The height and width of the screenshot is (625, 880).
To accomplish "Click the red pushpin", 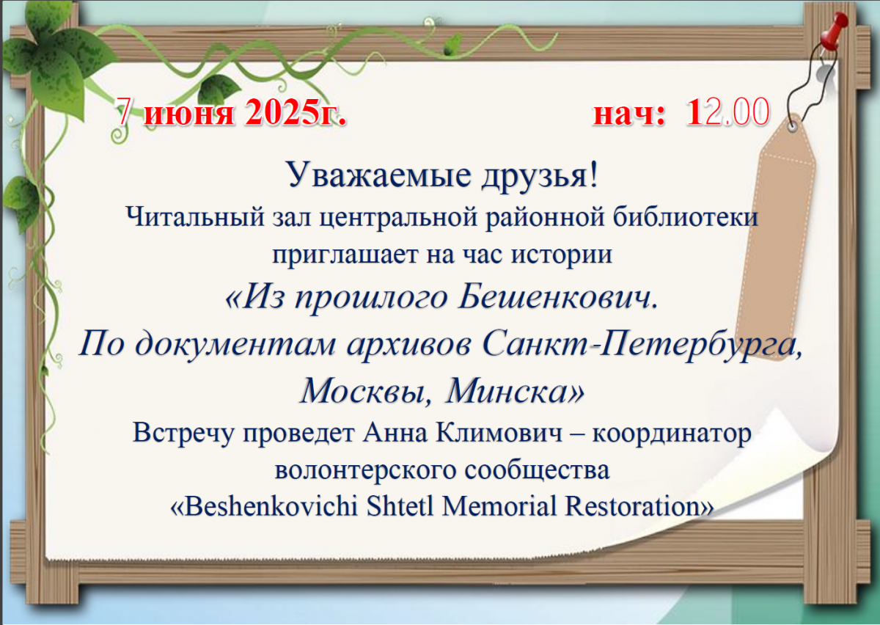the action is (834, 33).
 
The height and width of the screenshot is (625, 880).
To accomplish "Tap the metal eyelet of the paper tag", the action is (793, 127).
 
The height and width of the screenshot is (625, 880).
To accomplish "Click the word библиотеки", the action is (686, 216).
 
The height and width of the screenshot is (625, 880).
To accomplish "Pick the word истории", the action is (562, 255).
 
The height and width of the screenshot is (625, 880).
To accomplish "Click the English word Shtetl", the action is (400, 505).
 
